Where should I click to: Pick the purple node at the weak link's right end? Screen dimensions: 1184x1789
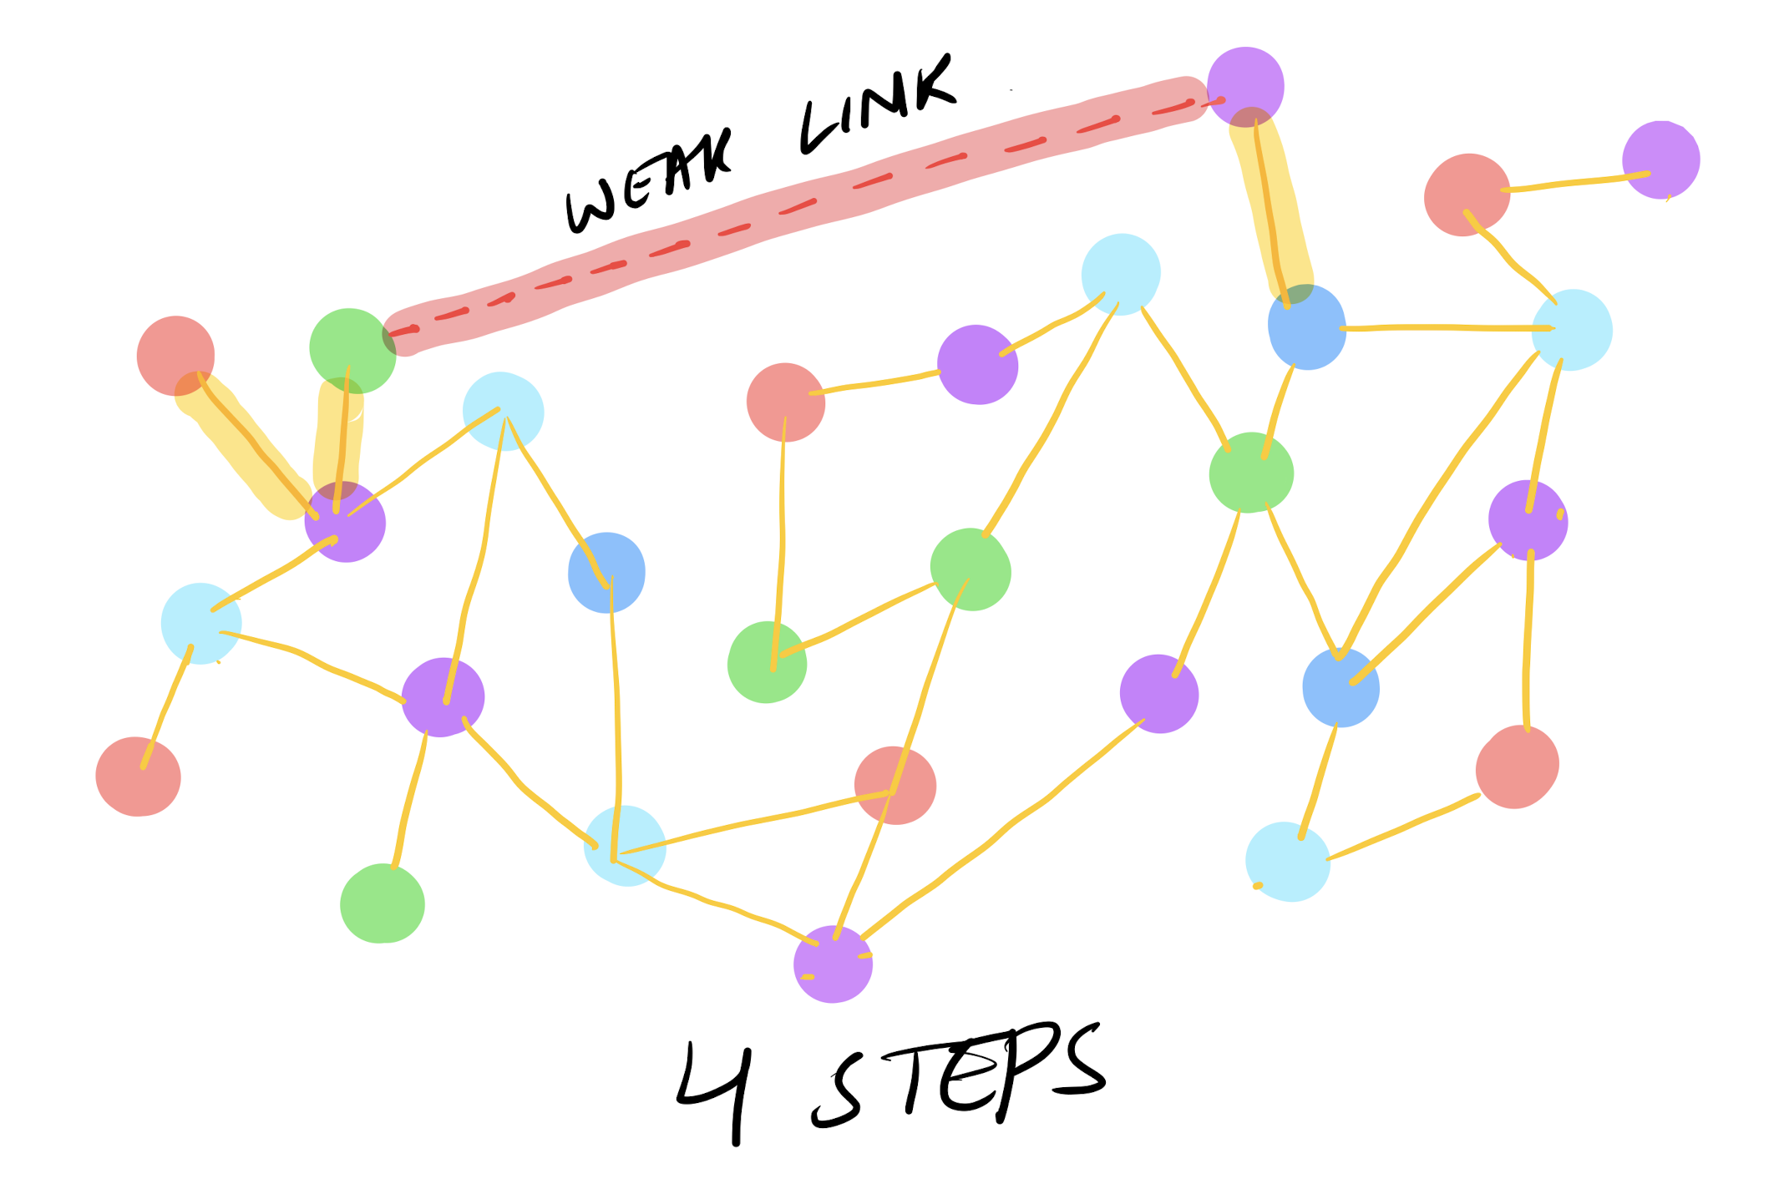tap(1244, 86)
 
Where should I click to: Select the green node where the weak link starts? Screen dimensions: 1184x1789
tap(352, 350)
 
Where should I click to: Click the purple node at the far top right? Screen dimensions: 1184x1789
tap(1660, 159)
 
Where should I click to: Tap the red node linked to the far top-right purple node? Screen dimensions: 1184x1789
tap(1467, 195)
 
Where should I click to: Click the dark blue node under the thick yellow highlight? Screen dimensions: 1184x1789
tap(1306, 327)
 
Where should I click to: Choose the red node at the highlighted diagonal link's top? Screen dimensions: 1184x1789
tap(175, 356)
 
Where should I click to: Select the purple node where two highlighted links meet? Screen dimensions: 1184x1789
tap(345, 523)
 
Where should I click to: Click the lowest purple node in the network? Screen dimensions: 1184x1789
tap(833, 964)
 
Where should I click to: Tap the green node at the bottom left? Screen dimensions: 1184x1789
tap(382, 904)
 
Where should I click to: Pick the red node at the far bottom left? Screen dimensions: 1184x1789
tap(138, 777)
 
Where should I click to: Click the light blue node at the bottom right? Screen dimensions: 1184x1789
tap(1287, 862)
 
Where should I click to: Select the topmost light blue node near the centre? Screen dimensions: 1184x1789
tap(1120, 274)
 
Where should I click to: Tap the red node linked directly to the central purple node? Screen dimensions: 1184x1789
tap(785, 402)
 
